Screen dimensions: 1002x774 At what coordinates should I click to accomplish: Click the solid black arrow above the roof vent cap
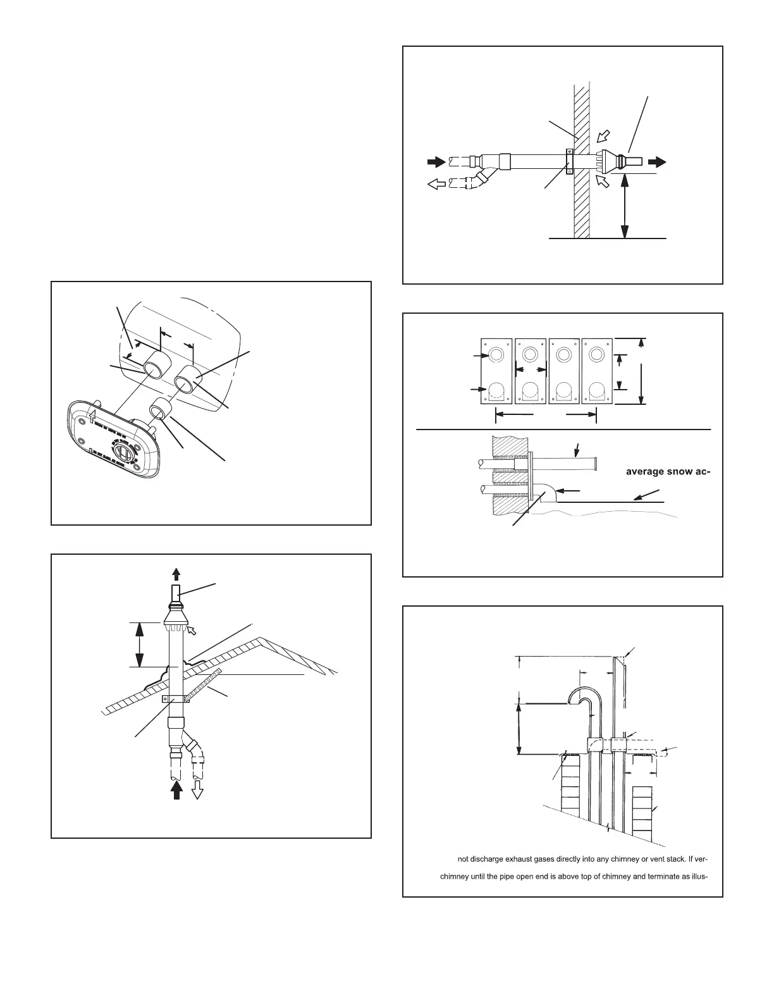[x=176, y=574]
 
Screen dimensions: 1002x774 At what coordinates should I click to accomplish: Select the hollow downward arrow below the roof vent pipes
[x=197, y=789]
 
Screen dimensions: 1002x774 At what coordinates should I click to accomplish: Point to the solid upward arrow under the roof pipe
[x=177, y=789]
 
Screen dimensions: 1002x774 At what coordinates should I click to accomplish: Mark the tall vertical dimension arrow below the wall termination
[x=625, y=206]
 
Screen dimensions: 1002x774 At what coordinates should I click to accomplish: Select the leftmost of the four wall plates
[x=496, y=371]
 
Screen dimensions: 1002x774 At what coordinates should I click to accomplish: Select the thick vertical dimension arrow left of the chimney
[x=519, y=727]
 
